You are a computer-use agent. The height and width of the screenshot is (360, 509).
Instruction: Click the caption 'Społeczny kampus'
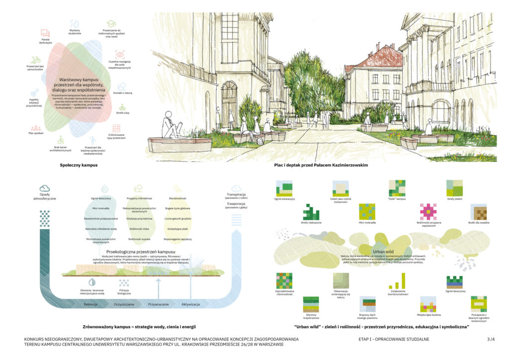[x=79, y=164]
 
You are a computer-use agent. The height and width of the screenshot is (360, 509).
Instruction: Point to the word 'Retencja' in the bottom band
[x=90, y=304]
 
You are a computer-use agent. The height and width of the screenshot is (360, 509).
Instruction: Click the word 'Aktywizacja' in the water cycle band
[x=190, y=304]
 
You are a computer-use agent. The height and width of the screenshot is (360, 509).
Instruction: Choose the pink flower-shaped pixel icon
[x=428, y=211]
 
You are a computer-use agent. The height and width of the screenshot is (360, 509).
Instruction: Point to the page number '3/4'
[x=491, y=339]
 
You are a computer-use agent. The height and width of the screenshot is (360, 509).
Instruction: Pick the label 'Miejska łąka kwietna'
[x=428, y=315]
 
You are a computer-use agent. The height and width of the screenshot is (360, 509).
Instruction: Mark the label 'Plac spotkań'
[x=36, y=133]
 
